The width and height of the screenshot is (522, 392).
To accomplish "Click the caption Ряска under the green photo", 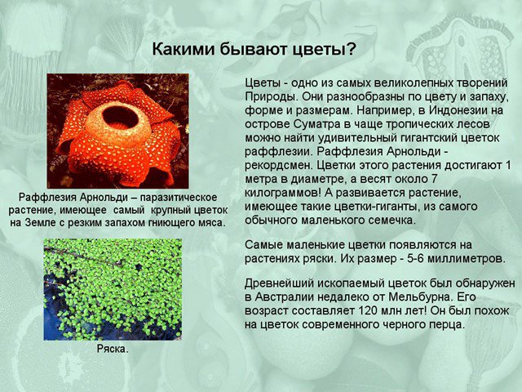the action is [113, 350].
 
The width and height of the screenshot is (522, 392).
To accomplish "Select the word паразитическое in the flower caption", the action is [178, 198].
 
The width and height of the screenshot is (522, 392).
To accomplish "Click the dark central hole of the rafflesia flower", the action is [120, 118].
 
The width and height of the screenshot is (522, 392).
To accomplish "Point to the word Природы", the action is [268, 96].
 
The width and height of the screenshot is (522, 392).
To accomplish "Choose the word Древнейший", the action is [278, 283].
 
